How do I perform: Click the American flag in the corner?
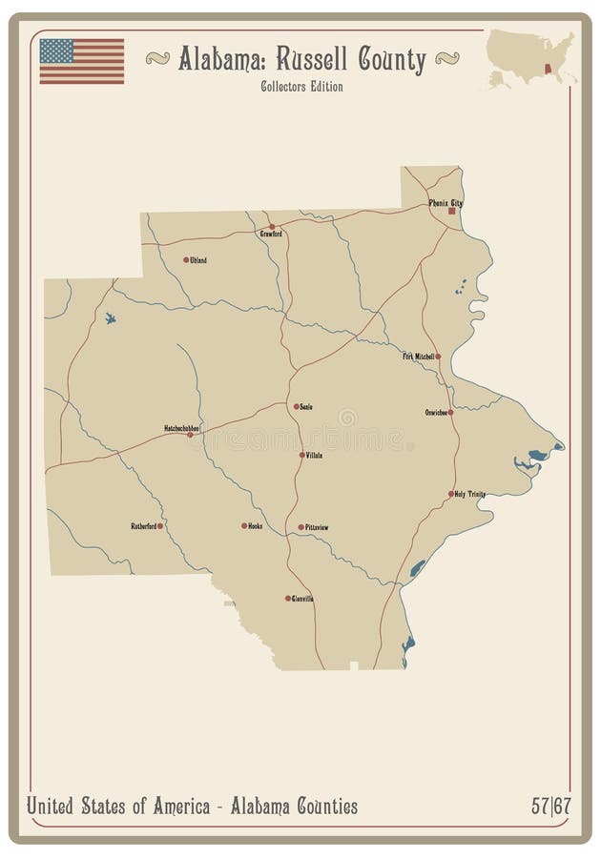(x=82, y=61)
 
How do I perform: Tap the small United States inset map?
(x=530, y=59)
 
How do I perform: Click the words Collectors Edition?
(x=301, y=87)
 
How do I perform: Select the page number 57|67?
(x=552, y=807)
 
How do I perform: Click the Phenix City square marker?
(x=451, y=212)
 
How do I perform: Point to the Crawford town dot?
(x=272, y=227)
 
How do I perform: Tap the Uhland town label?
(x=198, y=259)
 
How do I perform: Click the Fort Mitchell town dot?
(x=438, y=357)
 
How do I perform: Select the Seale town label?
(x=306, y=406)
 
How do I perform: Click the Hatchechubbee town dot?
(x=190, y=435)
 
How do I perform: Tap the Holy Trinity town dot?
(x=451, y=494)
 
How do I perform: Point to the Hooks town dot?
(x=244, y=525)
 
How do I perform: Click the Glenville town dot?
(x=288, y=599)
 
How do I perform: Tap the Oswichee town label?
(x=436, y=413)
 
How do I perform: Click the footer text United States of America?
(x=119, y=807)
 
